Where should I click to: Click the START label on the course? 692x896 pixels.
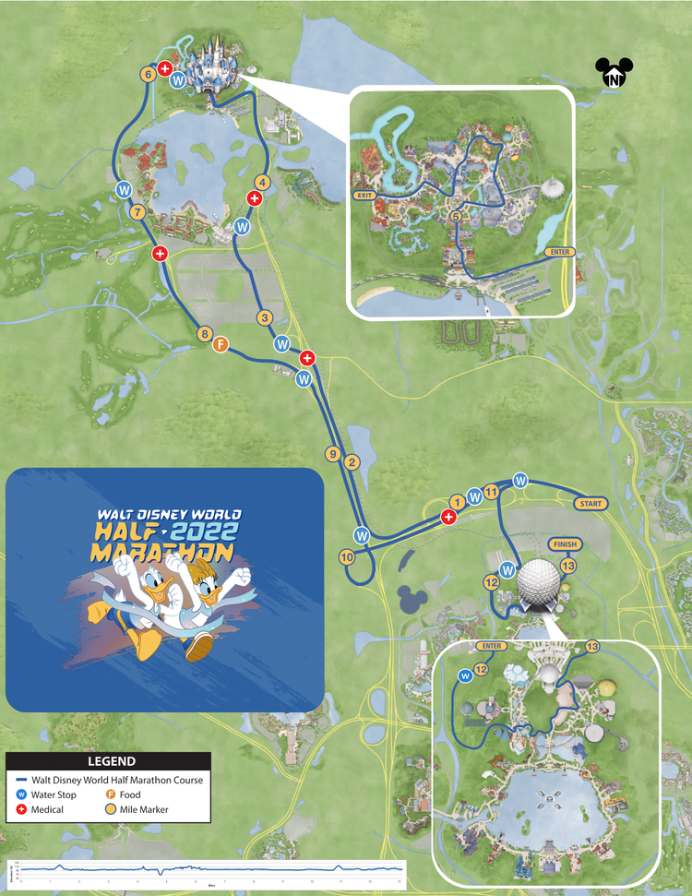[x=591, y=504]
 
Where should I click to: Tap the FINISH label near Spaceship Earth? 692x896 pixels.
[x=563, y=544]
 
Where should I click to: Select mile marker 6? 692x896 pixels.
[x=148, y=75]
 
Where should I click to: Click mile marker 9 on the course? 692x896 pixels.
[x=332, y=453]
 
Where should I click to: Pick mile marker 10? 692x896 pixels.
[x=347, y=557]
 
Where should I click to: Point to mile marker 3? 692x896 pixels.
[x=264, y=318]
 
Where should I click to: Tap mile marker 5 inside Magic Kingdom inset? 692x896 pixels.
[x=455, y=215]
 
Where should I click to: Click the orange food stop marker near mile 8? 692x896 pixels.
[x=221, y=344]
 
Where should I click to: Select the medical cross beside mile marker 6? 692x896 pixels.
[x=164, y=68]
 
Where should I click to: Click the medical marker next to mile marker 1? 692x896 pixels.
[x=449, y=518]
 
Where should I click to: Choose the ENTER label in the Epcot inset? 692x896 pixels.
[x=490, y=646]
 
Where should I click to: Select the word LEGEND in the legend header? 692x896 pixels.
[x=112, y=762]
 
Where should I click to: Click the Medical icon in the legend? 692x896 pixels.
[x=22, y=811]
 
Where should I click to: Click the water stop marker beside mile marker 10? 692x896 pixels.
[x=363, y=535]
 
